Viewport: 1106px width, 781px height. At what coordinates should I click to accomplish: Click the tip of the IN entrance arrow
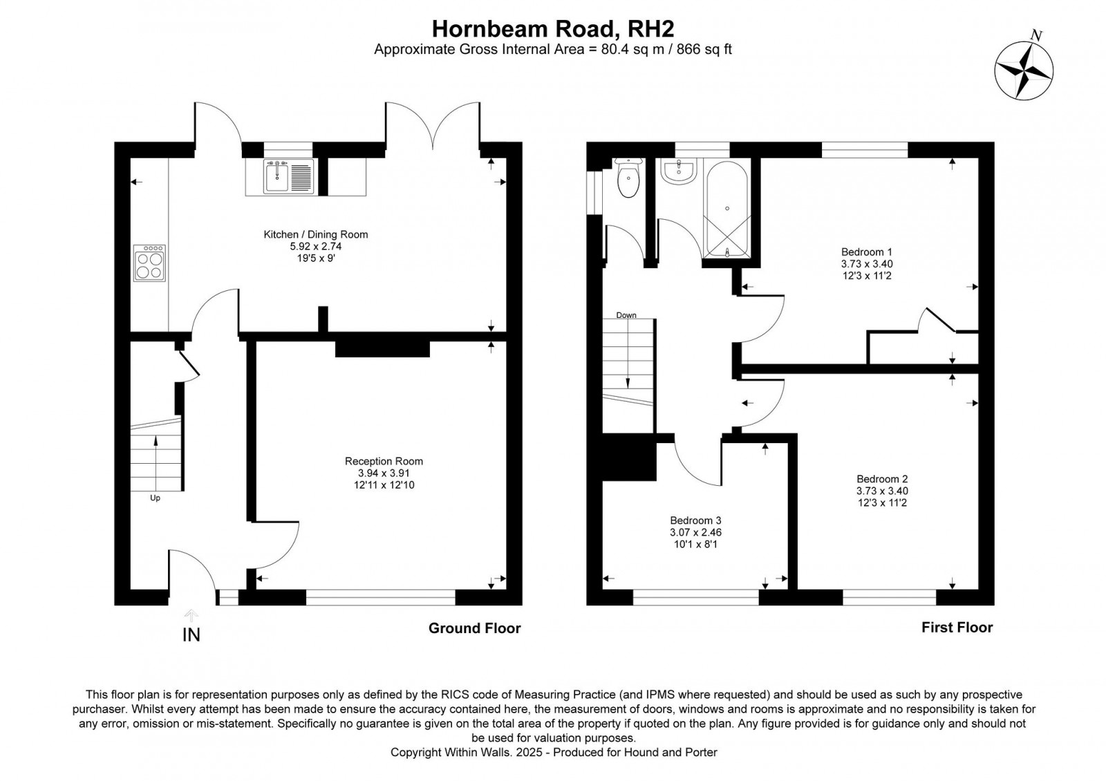tap(191, 610)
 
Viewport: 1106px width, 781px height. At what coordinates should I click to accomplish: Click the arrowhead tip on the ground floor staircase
tap(156, 436)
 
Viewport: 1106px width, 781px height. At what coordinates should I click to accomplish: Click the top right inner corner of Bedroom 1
tap(978, 158)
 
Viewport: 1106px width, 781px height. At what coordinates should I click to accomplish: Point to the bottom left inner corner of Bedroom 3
tap(603, 589)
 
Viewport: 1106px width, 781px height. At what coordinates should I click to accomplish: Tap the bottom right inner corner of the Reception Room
tap(507, 589)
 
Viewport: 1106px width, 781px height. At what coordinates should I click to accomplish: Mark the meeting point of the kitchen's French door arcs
tap(433, 149)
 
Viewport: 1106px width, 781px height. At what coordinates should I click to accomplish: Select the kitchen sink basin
tap(276, 177)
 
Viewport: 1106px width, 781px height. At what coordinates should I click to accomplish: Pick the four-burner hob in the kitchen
tap(149, 263)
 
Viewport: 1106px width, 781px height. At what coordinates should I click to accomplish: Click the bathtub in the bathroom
tap(727, 208)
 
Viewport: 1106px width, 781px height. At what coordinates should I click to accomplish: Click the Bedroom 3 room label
tap(695, 520)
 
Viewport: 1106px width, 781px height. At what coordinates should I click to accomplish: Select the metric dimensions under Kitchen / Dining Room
tap(315, 246)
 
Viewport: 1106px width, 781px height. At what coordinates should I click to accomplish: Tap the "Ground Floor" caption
tap(474, 628)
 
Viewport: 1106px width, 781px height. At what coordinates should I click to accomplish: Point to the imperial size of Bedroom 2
tap(882, 502)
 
